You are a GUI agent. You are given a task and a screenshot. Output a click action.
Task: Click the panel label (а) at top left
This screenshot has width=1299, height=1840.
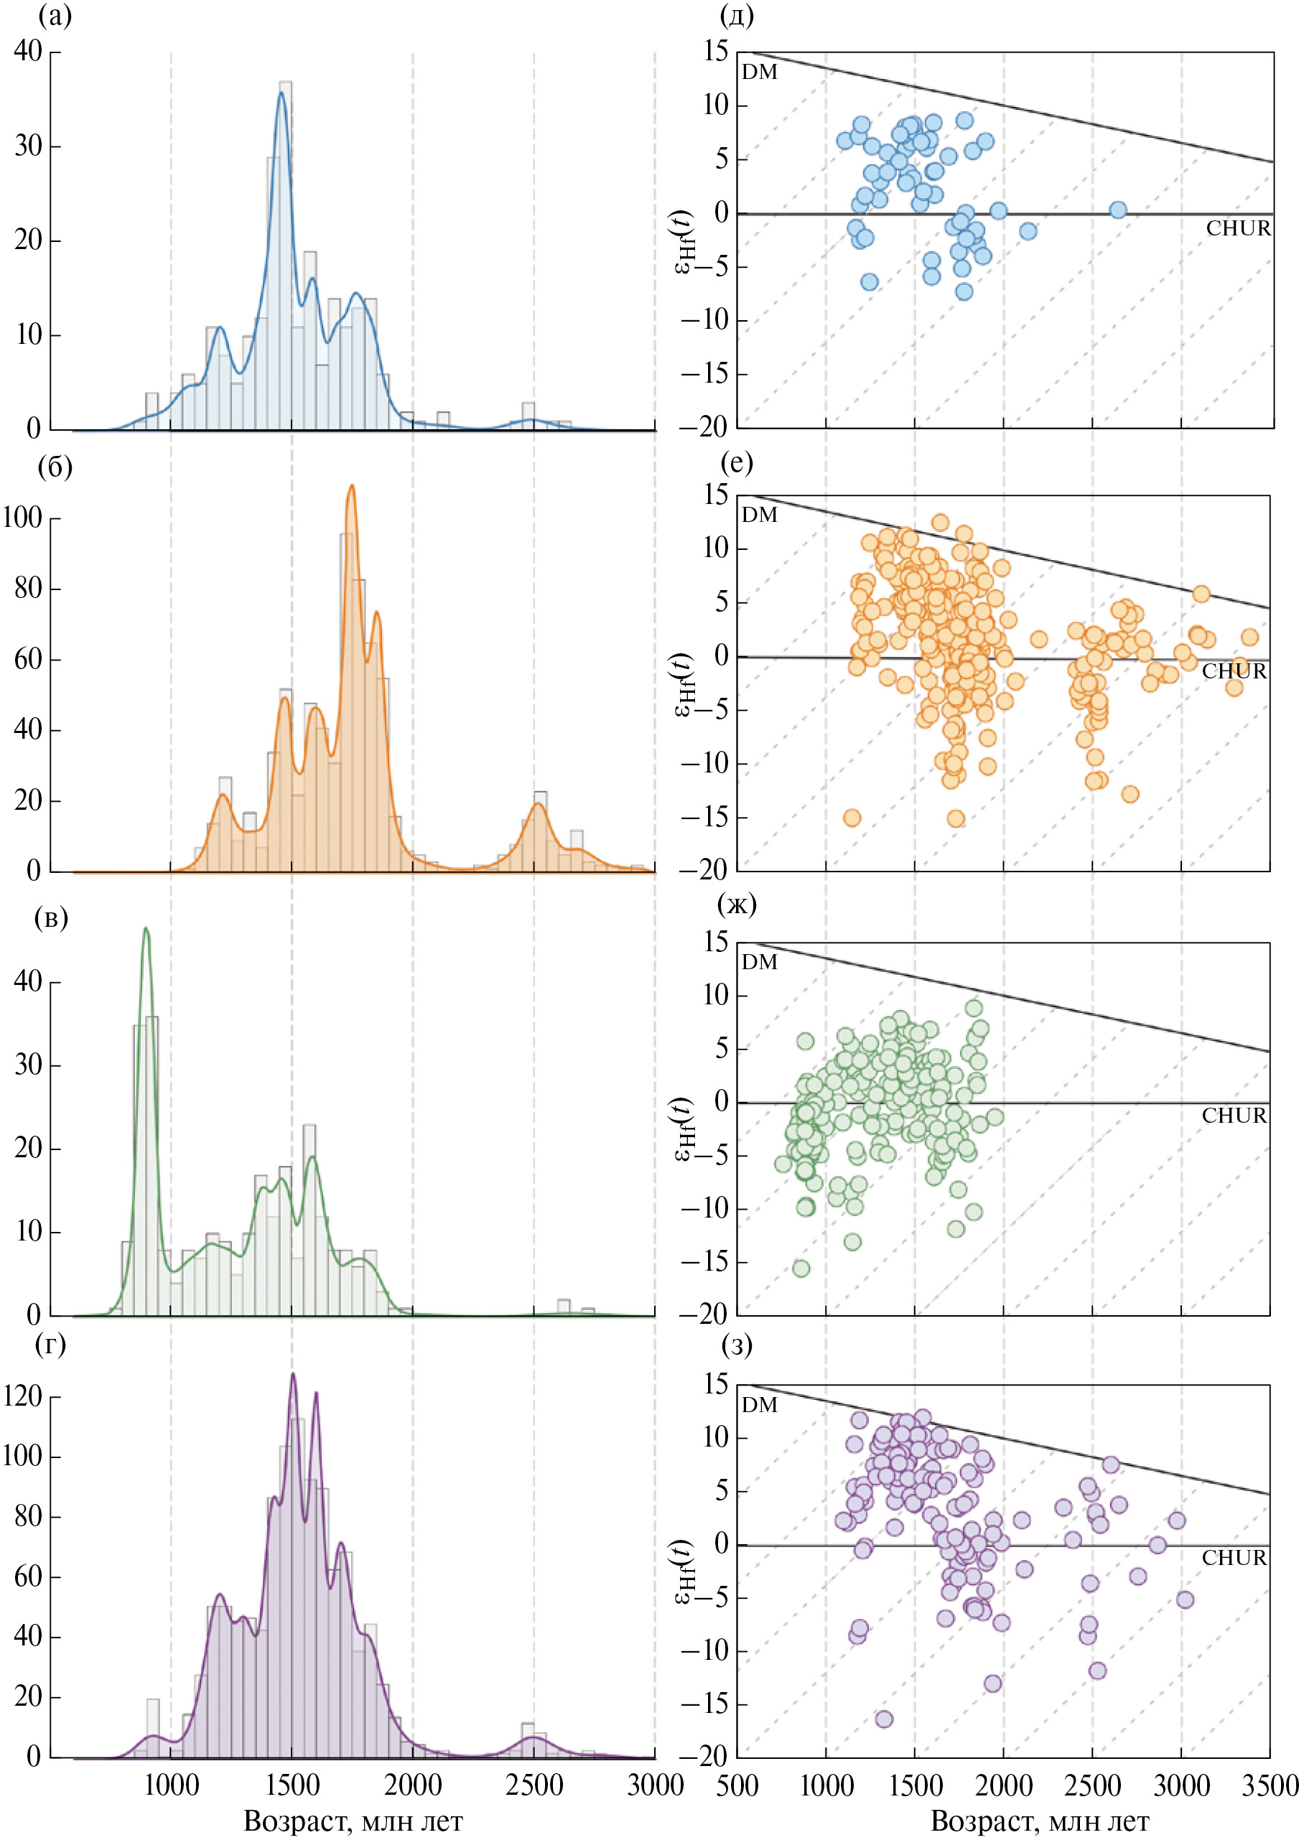[x=55, y=15]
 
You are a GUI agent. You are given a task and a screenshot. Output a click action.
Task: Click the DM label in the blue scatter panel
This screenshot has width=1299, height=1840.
[x=759, y=72]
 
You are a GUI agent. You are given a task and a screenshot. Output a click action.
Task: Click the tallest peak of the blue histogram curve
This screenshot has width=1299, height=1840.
[x=281, y=93]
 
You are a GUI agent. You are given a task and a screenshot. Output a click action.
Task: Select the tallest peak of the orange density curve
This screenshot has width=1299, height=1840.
[x=351, y=485]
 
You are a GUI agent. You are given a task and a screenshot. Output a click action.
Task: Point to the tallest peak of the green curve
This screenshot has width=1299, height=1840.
[x=145, y=929]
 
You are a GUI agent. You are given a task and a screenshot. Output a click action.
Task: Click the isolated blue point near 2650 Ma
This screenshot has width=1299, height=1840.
[x=1118, y=210]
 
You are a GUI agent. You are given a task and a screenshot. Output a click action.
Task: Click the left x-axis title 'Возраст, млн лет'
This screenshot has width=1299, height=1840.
[x=353, y=1821]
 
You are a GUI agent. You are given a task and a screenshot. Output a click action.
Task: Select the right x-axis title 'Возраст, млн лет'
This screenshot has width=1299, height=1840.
[x=1039, y=1821]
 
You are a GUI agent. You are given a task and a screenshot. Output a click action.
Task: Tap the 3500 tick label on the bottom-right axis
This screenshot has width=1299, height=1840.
[x=1270, y=1785]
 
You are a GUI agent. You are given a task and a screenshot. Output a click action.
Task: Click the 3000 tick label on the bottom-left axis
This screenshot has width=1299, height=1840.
[x=655, y=1785]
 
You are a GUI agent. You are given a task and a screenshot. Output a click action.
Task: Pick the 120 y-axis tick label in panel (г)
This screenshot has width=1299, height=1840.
[x=22, y=1396]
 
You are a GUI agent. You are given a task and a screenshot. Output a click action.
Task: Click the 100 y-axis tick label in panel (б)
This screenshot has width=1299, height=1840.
[x=22, y=518]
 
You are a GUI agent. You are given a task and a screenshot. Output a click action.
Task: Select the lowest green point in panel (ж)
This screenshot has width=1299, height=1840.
[x=801, y=1268]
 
